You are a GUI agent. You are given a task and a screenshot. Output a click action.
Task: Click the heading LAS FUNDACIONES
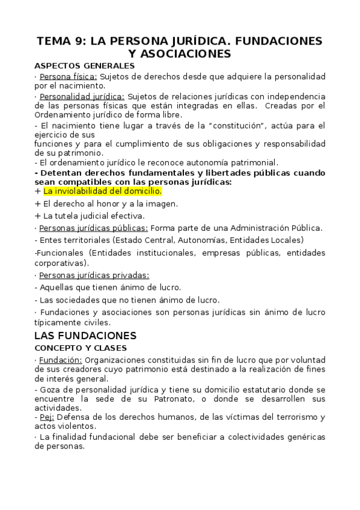pos(86,335)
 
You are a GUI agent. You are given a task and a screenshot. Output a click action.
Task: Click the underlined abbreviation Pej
pos(46,417)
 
